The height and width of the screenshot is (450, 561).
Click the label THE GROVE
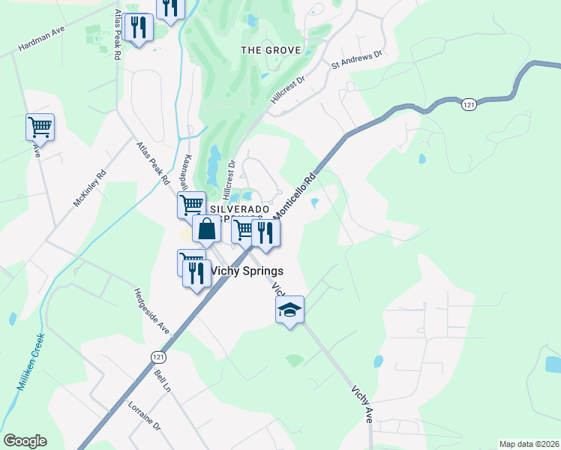(271, 50)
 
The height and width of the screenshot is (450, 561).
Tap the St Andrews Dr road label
(358, 60)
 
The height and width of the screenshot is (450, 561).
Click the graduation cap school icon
(289, 309)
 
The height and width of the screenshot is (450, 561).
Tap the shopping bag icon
(207, 229)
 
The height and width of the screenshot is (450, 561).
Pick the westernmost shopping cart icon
(40, 127)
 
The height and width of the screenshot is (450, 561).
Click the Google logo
(25, 441)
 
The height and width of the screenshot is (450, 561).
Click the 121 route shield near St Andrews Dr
(469, 106)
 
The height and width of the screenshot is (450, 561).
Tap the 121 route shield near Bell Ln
(155, 358)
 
